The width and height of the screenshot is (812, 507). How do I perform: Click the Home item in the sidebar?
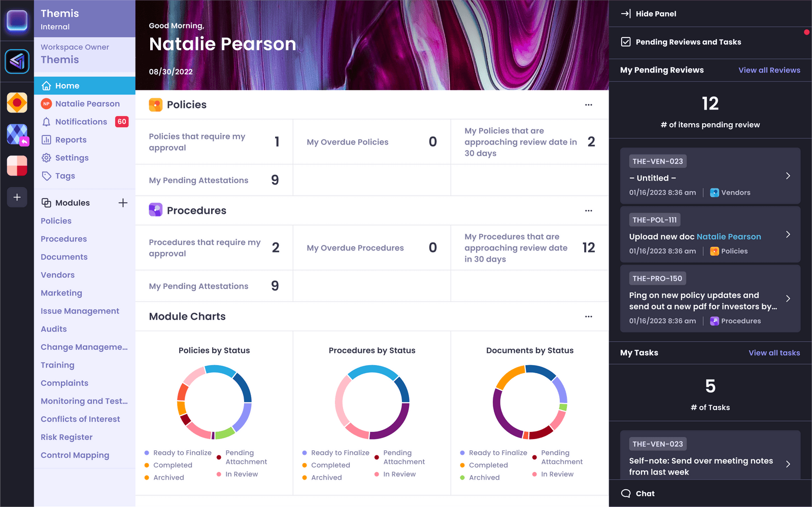(x=67, y=86)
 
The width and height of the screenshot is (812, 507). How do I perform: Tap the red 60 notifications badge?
(x=122, y=122)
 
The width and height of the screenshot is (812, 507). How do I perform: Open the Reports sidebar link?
(x=71, y=140)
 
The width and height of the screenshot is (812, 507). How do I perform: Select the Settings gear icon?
(x=46, y=158)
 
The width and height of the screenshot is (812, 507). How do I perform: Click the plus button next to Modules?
(x=123, y=203)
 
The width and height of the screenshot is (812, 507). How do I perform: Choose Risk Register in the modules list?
(x=66, y=437)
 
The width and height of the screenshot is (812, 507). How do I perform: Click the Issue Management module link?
(x=80, y=311)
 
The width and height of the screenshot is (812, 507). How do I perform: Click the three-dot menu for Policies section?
(x=588, y=105)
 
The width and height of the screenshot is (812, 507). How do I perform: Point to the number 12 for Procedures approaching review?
(x=588, y=247)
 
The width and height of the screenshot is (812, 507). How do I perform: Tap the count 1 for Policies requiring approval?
(x=277, y=142)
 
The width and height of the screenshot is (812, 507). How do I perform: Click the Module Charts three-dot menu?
(x=588, y=316)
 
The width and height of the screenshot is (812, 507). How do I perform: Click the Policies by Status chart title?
(x=214, y=350)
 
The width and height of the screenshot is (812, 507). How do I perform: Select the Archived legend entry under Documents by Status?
(x=484, y=478)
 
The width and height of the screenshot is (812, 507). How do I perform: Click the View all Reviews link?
(x=769, y=70)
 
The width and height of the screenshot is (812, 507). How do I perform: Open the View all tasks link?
(x=774, y=353)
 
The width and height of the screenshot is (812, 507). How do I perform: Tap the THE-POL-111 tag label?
(x=654, y=220)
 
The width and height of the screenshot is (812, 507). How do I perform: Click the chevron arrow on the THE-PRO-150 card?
(x=788, y=299)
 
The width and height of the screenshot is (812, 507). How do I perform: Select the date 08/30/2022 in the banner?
(x=171, y=71)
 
